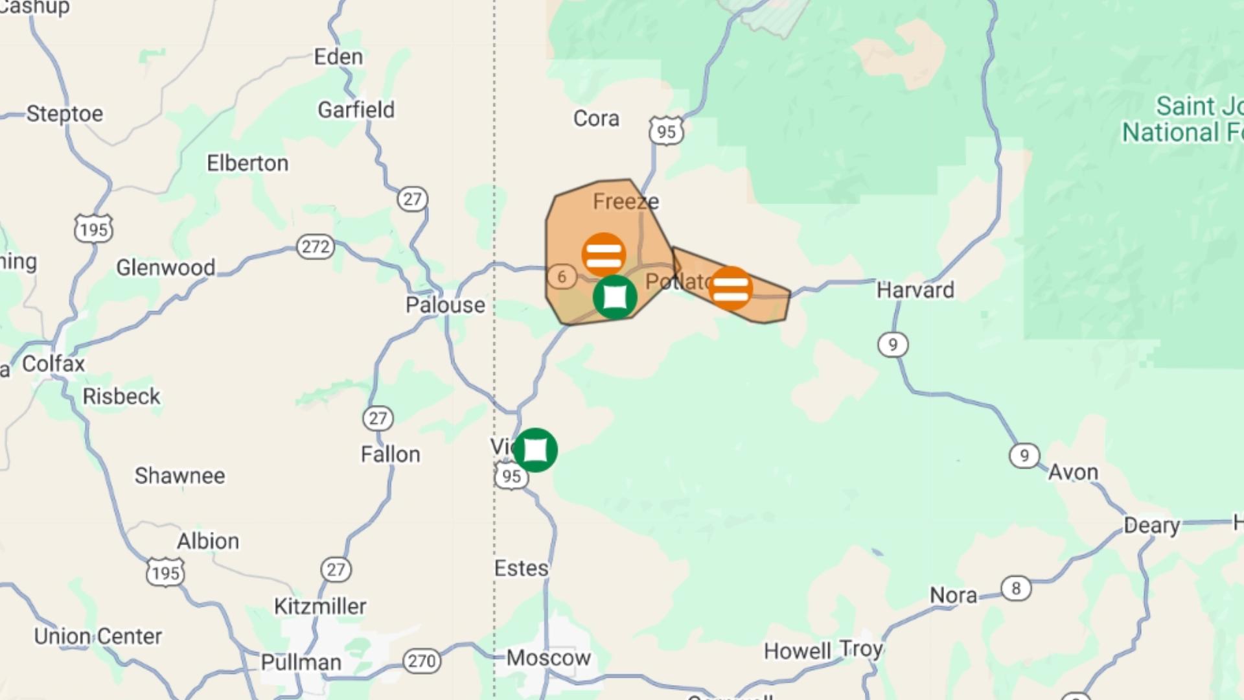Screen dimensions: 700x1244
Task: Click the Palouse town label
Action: (445, 305)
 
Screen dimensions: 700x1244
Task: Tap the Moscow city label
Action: (548, 658)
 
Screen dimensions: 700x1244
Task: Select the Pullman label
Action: (301, 662)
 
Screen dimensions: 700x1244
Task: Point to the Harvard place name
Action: (915, 290)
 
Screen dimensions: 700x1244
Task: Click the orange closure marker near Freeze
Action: (603, 254)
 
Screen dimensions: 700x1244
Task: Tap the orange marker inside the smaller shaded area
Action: (730, 288)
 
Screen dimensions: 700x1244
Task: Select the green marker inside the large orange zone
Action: (614, 297)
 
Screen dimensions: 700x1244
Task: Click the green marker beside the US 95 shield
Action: (535, 449)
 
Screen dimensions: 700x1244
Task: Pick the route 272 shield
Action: (316, 246)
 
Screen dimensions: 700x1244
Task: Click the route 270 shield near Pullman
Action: (422, 660)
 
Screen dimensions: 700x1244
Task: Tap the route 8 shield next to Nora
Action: (1015, 588)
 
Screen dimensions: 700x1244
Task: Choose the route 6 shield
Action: (561, 277)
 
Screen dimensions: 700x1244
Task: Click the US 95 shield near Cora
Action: (666, 132)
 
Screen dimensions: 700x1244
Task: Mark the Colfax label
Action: (53, 364)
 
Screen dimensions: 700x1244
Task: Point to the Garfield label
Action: (356, 110)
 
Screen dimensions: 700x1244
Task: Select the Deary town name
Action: (1151, 525)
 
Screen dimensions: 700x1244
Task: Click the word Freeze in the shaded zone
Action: (625, 202)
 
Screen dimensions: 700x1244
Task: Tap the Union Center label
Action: (98, 636)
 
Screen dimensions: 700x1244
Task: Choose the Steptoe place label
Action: (64, 113)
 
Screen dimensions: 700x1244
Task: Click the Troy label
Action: (860, 649)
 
